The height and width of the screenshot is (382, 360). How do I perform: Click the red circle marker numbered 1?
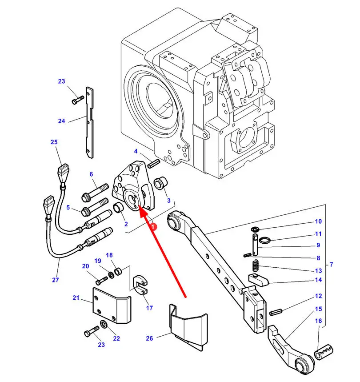[x=153, y=226]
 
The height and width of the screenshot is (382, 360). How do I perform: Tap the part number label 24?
[x=61, y=121]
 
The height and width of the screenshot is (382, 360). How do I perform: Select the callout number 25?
[x=54, y=142]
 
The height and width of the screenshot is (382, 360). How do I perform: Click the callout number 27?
[x=55, y=280]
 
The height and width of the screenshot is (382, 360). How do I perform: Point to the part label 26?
[x=149, y=338]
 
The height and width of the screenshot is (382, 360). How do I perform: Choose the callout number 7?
[x=331, y=265]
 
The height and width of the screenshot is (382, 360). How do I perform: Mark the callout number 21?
[x=76, y=298]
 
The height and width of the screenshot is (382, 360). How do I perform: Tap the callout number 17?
[x=149, y=308]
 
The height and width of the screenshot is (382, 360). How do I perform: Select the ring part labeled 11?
[x=264, y=241]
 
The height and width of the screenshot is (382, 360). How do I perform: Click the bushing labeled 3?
[x=160, y=182]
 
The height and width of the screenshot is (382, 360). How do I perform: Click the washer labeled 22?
[x=103, y=323]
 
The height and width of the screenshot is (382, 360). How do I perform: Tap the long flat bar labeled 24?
[x=90, y=122]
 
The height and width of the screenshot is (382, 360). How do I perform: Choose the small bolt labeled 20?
[x=102, y=281]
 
